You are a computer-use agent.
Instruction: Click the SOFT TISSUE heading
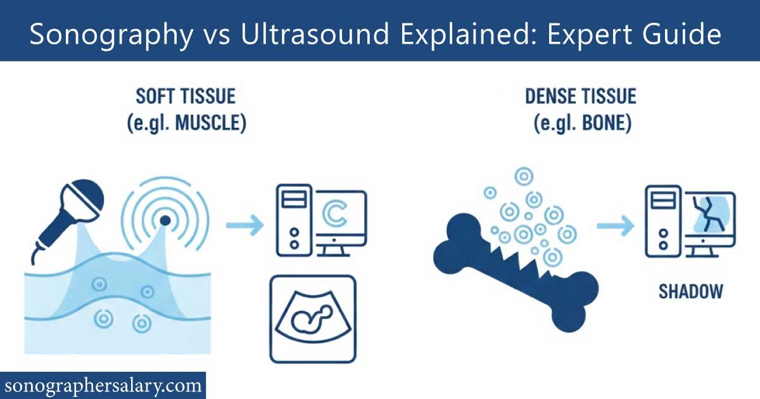tap(186, 97)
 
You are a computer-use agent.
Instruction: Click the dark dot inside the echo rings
tap(165, 220)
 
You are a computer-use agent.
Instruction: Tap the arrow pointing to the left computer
tap(244, 223)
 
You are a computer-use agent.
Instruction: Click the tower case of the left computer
tap(293, 218)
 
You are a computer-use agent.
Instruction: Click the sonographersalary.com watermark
tap(103, 384)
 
